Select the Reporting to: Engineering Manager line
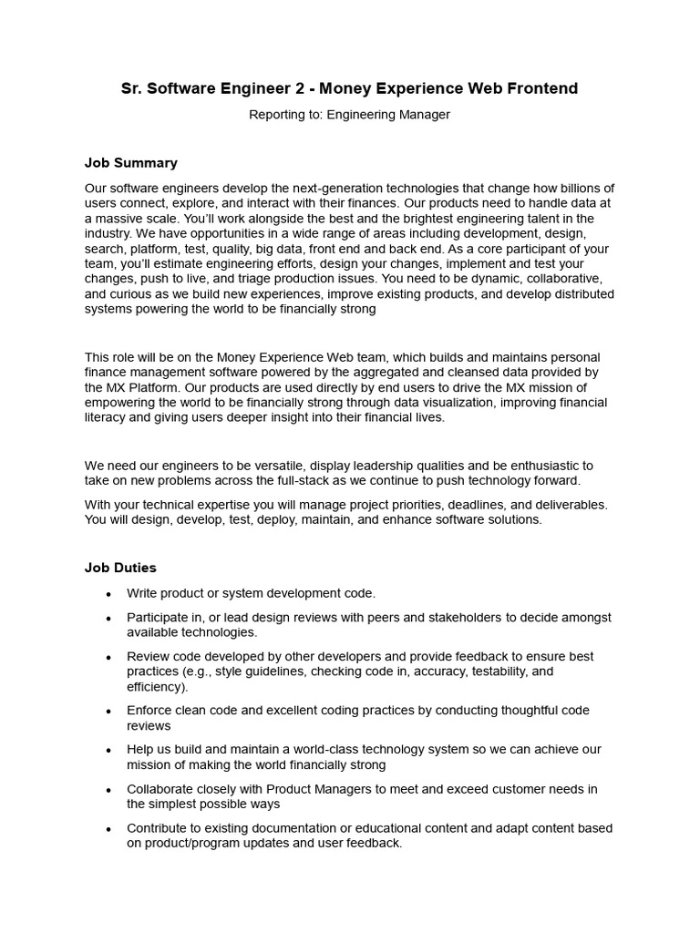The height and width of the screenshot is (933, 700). pos(349,115)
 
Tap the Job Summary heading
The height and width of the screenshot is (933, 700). pos(131,163)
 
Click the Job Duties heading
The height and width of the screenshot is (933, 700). pos(121,568)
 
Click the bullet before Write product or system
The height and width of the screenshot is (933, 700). pos(109,594)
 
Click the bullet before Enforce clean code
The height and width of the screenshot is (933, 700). pos(109,711)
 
